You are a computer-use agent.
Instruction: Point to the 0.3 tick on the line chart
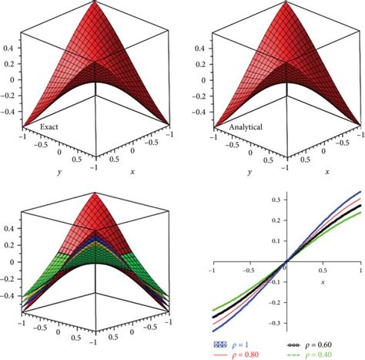click(276, 199)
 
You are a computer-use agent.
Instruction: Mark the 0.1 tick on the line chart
click(276, 240)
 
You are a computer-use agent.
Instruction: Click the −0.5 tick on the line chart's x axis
click(246, 271)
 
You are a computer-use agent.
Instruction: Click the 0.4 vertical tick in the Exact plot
click(10, 46)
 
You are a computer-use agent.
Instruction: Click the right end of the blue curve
click(360, 192)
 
